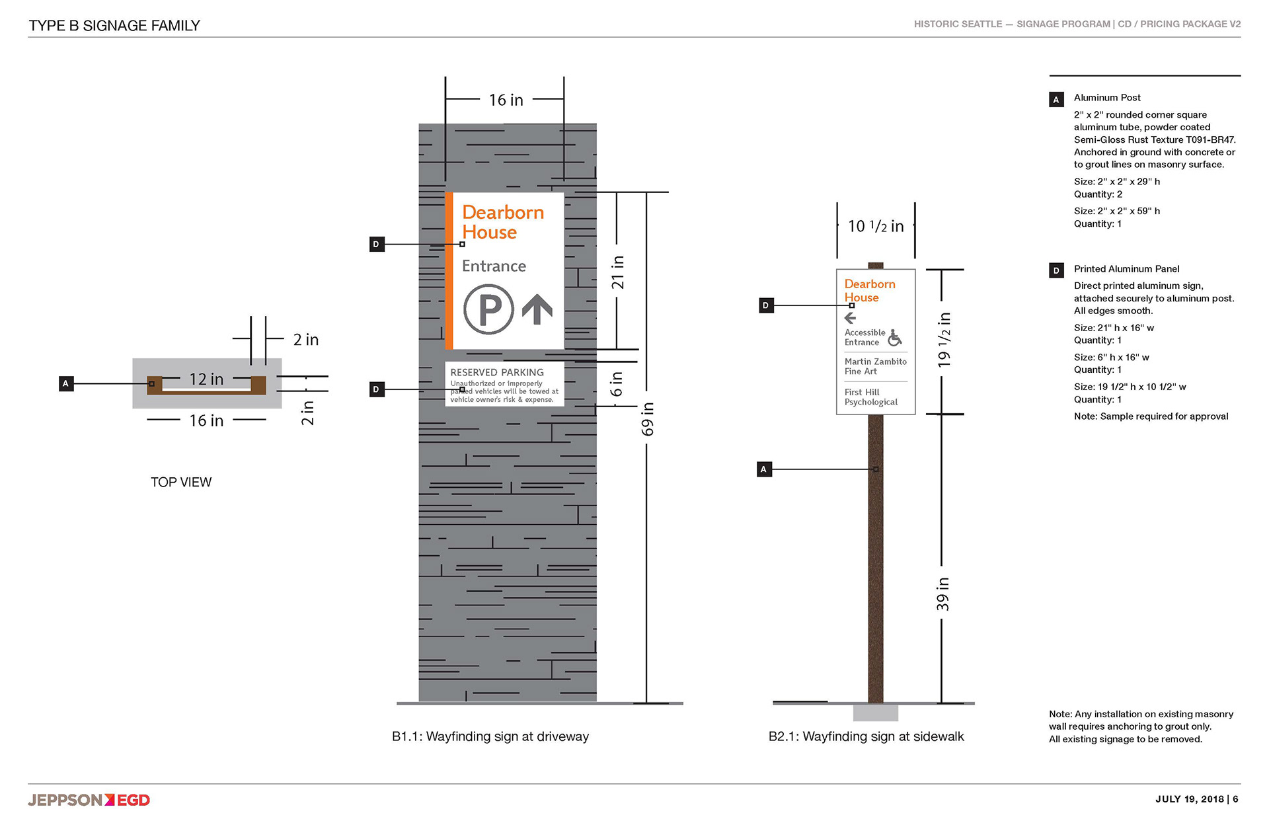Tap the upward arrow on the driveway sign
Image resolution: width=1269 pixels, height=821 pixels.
pos(537,309)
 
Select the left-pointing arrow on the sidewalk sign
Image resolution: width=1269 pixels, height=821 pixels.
pos(851,317)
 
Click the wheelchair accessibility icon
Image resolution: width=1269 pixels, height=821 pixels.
pos(895,338)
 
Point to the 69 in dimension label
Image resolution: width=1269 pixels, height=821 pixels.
pos(648,419)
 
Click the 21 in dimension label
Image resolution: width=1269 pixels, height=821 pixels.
pos(617,272)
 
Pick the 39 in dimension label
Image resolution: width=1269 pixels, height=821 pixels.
pos(942,594)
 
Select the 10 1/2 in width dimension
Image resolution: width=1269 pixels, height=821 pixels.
pos(876,226)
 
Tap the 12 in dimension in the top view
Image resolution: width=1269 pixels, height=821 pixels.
pos(206,379)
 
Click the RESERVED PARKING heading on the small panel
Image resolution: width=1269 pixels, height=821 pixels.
pos(497,372)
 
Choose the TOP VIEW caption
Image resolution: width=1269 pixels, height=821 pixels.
pos(181,482)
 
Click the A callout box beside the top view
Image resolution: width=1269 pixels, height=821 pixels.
pos(66,383)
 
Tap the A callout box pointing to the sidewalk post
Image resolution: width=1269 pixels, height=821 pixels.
pos(764,469)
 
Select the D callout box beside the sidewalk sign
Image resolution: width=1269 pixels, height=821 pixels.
pos(766,305)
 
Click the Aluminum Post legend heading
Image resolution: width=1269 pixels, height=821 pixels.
pos(1107,98)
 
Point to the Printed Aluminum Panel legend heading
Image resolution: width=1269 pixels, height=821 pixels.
pos(1126,269)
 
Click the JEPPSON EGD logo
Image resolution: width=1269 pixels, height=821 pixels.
pos(89,800)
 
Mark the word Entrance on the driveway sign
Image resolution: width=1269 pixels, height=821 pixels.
pos(494,266)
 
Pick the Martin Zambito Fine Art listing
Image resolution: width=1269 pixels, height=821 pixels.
pos(876,366)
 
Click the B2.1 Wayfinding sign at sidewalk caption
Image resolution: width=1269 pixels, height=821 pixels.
pos(866,736)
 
